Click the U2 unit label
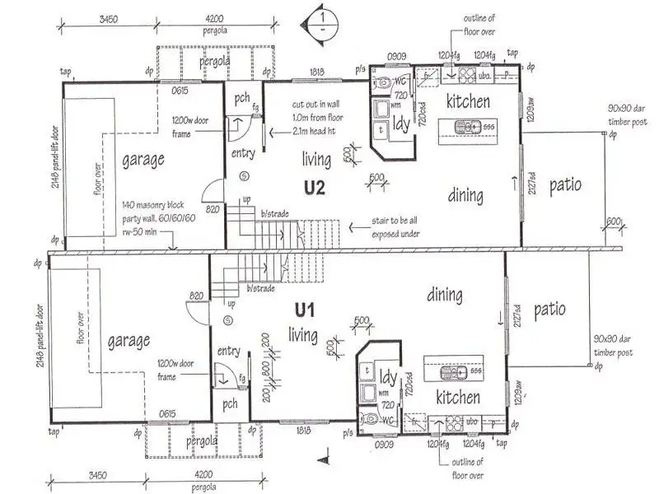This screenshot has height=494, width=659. [315, 187]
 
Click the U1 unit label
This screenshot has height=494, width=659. [306, 310]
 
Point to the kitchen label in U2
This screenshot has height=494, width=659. [468, 101]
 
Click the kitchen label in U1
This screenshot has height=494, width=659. [458, 398]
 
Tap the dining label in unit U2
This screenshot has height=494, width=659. [465, 196]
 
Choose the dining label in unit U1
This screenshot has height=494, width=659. [445, 295]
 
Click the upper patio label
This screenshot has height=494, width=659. [565, 184]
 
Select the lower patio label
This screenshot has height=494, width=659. [549, 310]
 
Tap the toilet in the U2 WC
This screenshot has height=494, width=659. [383, 83]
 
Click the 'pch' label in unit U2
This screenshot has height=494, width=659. [241, 99]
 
